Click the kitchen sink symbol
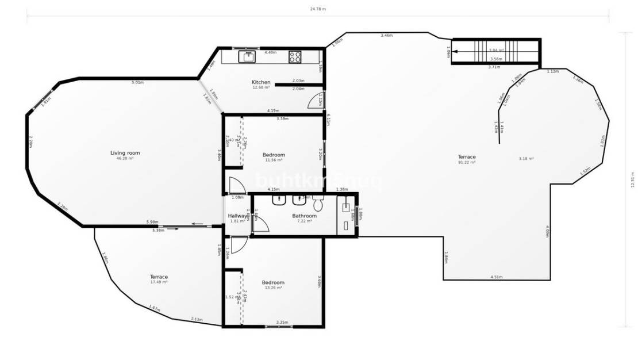[248, 57]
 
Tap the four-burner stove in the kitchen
[295, 57]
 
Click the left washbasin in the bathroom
[279, 201]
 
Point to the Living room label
[125, 153]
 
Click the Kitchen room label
[261, 82]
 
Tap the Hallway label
[237, 216]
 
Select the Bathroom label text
[304, 216]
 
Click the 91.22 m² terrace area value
[466, 163]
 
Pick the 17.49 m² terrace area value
[159, 282]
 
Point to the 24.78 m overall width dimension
[318, 9]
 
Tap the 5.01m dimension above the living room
[137, 83]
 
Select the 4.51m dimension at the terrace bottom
[497, 277]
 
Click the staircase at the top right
[495, 51]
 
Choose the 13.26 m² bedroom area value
[273, 288]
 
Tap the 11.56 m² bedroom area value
[274, 160]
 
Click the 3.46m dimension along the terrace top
[386, 36]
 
